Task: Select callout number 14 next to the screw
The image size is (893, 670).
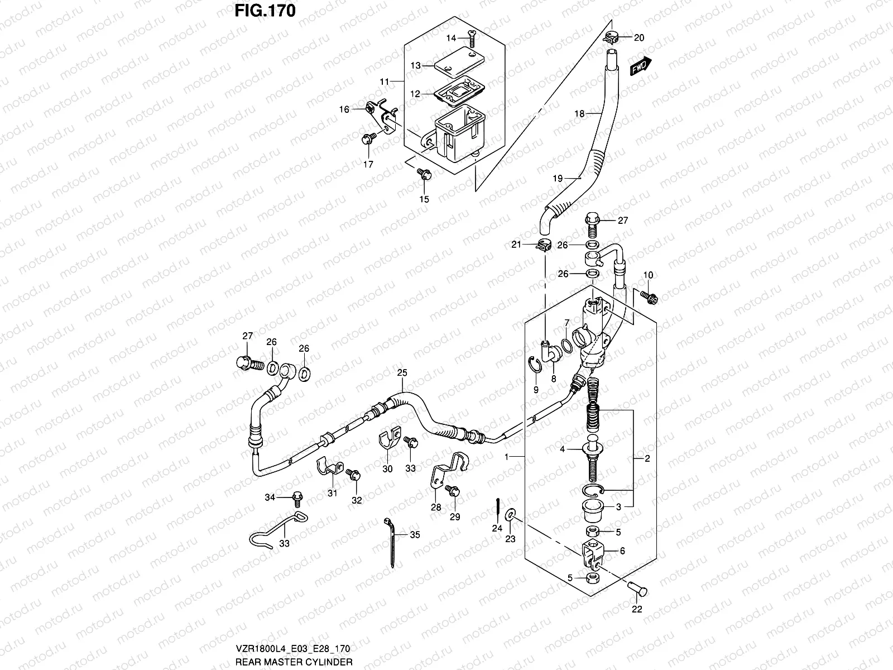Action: click(x=452, y=38)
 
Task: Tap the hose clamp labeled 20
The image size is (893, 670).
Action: click(x=612, y=38)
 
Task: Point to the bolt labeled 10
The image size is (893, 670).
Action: click(x=649, y=296)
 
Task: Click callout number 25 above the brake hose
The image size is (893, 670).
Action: click(x=402, y=372)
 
